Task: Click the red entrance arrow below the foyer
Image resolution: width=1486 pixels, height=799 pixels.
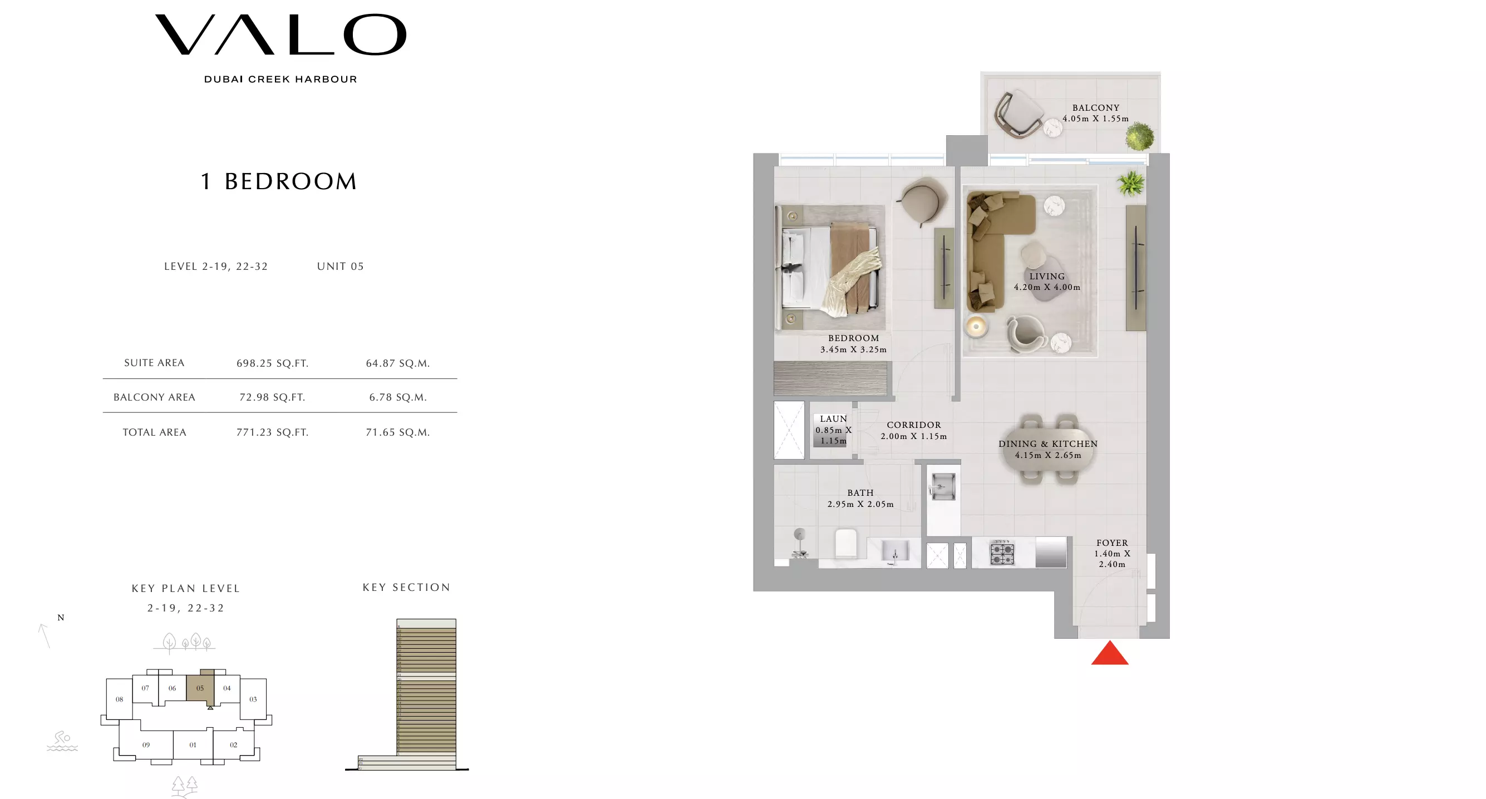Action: point(1109,654)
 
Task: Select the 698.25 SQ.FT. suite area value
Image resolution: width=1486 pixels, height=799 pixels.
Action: point(272,363)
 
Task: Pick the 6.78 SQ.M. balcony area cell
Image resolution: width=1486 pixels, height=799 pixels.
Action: point(398,397)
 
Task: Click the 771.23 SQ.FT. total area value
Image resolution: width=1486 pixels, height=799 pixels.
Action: point(272,432)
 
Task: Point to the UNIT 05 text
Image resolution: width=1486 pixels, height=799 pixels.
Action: point(341,267)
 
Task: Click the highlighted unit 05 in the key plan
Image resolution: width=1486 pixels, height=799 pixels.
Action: point(200,688)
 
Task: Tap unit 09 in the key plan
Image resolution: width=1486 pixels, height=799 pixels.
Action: point(146,745)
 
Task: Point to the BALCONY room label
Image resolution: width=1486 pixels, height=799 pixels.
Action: point(1095,108)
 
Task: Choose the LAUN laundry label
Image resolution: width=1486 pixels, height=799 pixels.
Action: point(833,419)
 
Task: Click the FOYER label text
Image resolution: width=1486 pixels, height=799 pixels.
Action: point(1111,543)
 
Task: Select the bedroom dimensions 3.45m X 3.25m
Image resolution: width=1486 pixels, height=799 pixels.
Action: point(853,349)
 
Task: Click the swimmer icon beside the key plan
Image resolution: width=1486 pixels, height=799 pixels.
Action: point(62,741)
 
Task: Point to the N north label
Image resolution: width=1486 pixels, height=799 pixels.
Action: point(61,618)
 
